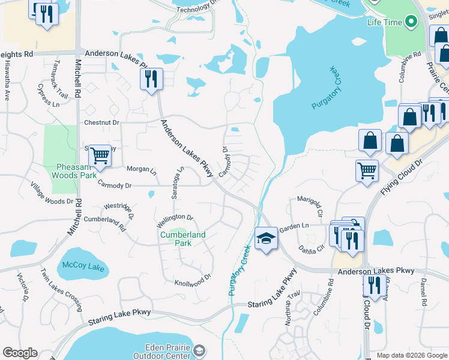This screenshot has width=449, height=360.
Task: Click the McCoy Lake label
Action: [84, 266]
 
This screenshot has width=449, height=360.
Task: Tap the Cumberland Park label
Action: [183, 239]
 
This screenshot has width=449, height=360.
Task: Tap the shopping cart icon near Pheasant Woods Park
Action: [100, 155]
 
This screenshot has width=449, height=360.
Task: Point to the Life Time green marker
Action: [411, 23]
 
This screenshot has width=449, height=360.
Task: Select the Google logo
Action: [20, 353]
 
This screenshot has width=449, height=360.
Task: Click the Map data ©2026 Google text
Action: [411, 355]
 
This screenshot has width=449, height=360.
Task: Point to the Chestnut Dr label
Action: [102, 122]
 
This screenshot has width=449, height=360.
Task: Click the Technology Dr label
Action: [196, 8]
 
